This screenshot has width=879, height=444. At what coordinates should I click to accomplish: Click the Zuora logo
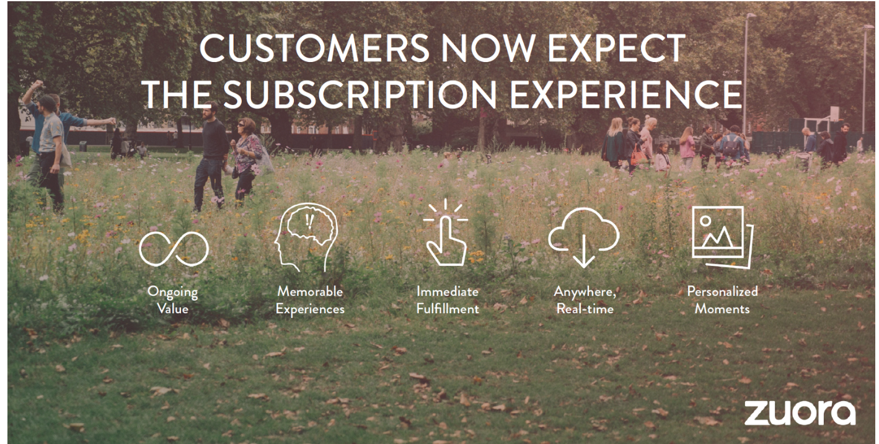click(800, 412)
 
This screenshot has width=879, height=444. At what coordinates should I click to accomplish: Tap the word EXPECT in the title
click(616, 48)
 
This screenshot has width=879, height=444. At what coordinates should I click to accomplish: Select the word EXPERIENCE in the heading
click(626, 94)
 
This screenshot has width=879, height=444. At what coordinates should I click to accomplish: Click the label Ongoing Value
click(173, 300)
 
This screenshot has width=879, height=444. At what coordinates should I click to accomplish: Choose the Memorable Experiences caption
click(310, 300)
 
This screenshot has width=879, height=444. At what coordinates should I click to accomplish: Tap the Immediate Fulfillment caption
click(448, 300)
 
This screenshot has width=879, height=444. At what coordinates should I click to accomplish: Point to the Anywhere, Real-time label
click(585, 300)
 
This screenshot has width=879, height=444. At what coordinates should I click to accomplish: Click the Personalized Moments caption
click(722, 300)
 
